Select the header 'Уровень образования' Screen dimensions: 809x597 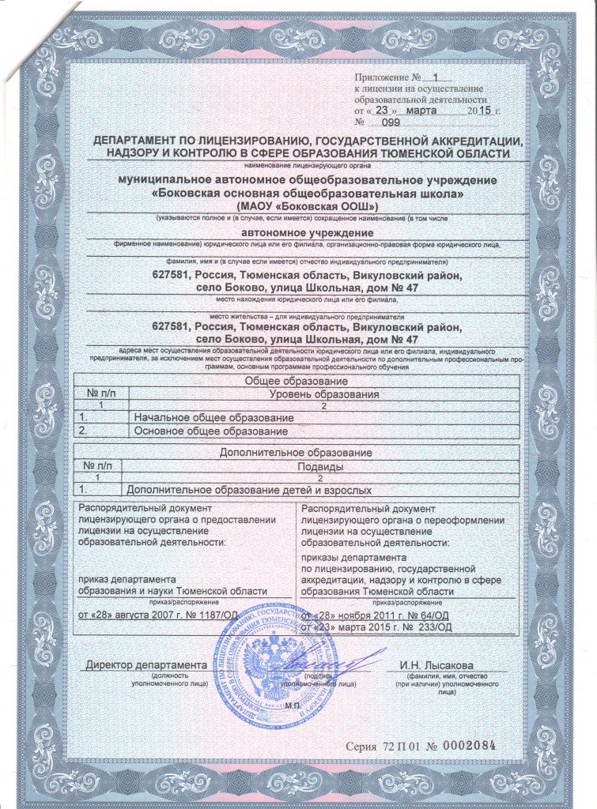[324, 393]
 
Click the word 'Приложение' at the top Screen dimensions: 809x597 [383, 78]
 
